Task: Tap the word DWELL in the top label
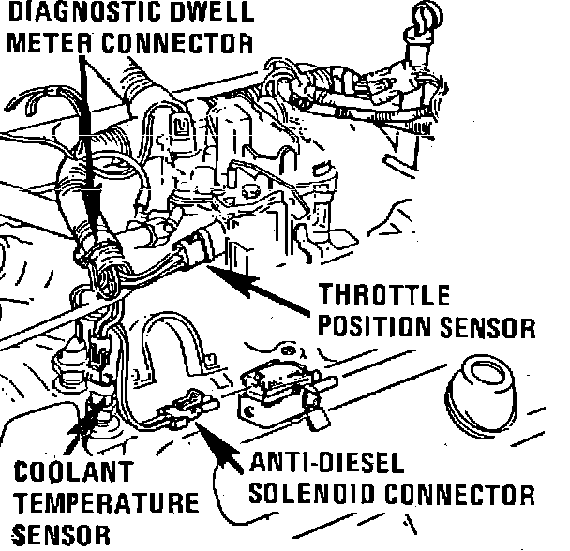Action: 211,12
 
